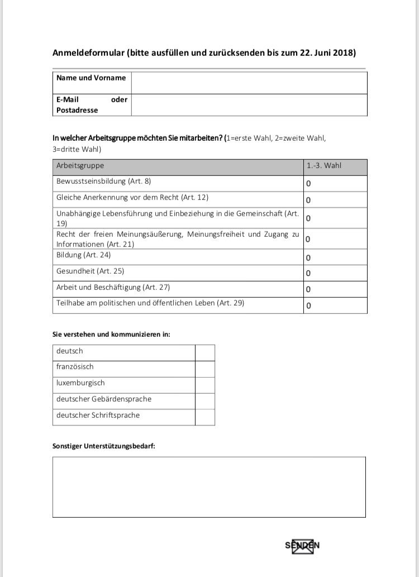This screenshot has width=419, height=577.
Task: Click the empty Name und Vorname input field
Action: click(x=249, y=83)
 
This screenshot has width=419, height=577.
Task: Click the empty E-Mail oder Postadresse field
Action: click(x=249, y=105)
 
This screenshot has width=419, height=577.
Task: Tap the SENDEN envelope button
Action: click(x=302, y=546)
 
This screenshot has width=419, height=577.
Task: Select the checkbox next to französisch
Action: click(x=205, y=369)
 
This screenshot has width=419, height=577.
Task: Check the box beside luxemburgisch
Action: click(x=205, y=385)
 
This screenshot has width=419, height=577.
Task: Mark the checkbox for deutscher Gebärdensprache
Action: click(x=205, y=401)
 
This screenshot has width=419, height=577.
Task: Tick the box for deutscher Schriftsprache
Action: click(x=205, y=417)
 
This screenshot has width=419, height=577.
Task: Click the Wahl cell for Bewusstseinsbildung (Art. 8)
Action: click(x=335, y=183)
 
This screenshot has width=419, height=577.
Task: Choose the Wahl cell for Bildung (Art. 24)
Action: click(x=335, y=257)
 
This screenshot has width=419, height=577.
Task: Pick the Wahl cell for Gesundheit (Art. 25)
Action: click(x=335, y=273)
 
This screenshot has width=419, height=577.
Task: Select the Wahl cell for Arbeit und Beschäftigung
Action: click(x=335, y=289)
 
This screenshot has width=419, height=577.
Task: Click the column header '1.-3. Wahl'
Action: click(x=323, y=166)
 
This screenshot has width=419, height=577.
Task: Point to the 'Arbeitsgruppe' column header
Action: click(x=80, y=166)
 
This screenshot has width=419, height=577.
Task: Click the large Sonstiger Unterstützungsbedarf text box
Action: click(x=209, y=487)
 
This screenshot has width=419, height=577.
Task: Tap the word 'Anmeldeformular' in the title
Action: click(x=88, y=53)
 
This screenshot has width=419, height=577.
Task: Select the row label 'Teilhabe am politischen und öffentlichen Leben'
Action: click(x=150, y=304)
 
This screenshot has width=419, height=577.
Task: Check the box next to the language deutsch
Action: click(x=205, y=352)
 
